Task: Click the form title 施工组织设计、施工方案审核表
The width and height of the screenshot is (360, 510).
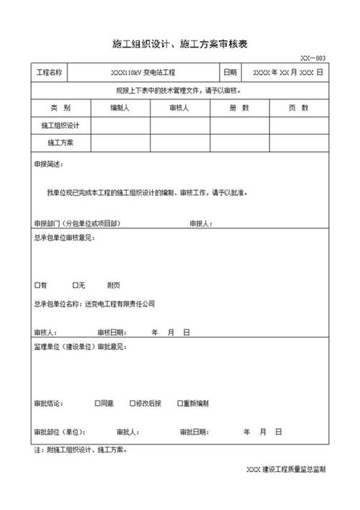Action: pos(181,44)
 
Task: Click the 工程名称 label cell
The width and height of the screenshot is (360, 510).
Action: pos(50,73)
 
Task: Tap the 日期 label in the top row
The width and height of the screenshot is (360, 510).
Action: pos(230,73)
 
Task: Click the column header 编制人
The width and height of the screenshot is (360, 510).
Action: pos(120,107)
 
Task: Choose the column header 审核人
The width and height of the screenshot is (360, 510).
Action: pos(179,107)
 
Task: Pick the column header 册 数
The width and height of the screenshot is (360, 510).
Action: pos(239,107)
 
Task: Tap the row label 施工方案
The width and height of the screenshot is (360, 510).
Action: pos(60,143)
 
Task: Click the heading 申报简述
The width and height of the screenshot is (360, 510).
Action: pos(48,164)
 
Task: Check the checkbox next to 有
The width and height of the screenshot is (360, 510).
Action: pos(37,285)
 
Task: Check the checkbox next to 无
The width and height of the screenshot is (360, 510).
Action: pos(75,285)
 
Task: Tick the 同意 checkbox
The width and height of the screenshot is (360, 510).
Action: pos(97,403)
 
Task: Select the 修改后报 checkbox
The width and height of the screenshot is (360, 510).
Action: pos(132,403)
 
